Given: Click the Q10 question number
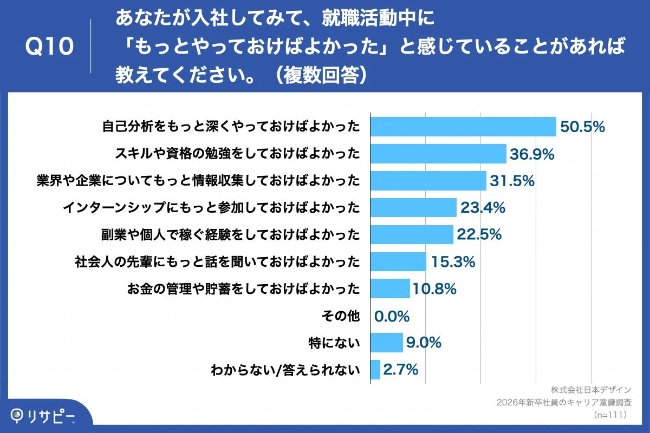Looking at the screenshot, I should coord(49,47).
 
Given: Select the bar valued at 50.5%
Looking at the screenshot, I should coord(463,127).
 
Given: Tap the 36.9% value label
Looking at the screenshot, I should coord(532,154).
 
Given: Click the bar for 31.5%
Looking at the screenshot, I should coord(428,181).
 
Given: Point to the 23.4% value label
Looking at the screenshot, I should coord(483,207).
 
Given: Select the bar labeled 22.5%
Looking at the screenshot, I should coord(412,234).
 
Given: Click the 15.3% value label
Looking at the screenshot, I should coord(453,262).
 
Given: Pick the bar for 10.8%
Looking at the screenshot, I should coord(390,288).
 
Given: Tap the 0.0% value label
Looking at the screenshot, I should coord(392,316).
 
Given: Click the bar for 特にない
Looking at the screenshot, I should coord(387,343).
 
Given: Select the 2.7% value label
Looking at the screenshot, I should coord(401,370).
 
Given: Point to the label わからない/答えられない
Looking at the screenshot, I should coord(285,370).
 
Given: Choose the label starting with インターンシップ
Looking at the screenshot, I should coord(211,208).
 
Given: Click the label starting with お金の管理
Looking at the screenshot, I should coord(243,289).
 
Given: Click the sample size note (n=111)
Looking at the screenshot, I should coord(610,415).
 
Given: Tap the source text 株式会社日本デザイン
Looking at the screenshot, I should coord(591,390).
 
